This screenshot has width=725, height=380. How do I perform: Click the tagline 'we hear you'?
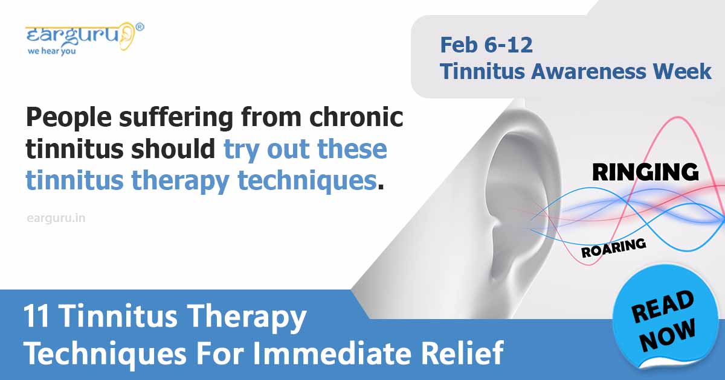(x=51, y=51)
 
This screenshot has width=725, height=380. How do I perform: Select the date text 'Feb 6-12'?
(x=486, y=45)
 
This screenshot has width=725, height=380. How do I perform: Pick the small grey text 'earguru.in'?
(x=56, y=218)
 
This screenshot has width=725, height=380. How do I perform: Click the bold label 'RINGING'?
(x=645, y=172)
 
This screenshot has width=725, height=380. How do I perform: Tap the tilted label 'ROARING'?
(x=613, y=248)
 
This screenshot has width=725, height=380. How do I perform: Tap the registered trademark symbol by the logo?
(x=140, y=27)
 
